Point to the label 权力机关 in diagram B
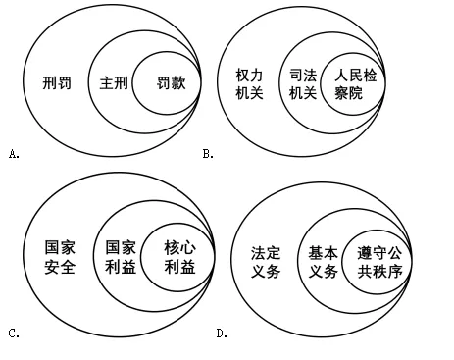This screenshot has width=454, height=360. pos(251,82)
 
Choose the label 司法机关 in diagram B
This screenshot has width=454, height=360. pos(303,82)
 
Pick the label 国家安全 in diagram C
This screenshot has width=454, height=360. pos(61,258)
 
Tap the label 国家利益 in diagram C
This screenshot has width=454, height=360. pos(121,258)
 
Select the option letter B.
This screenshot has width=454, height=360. pos(208,153)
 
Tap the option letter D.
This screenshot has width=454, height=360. pos(223,334)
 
